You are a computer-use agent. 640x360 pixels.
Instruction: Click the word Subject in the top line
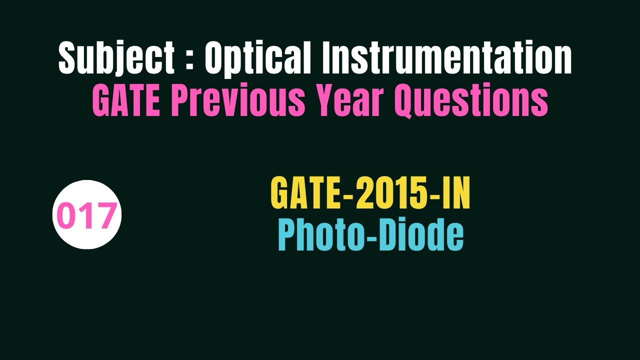116,58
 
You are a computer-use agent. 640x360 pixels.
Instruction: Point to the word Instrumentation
446,58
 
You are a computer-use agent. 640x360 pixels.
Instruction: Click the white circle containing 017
87,215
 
